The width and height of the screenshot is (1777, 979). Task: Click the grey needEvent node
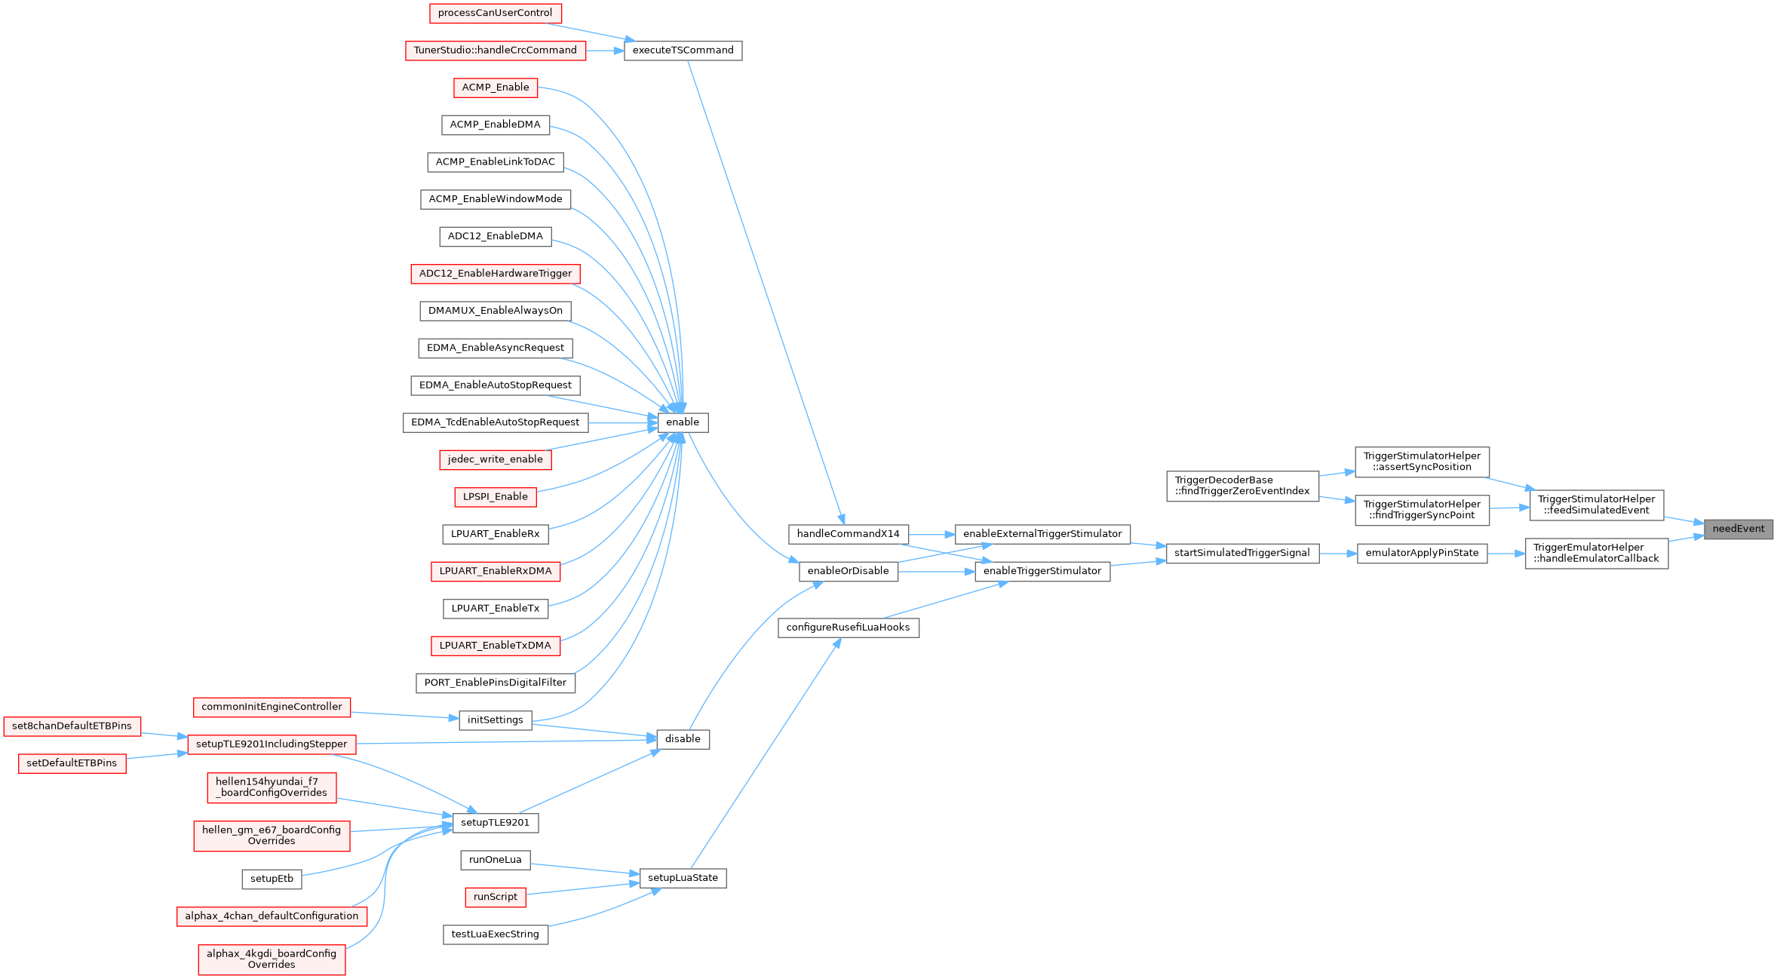click(x=1738, y=529)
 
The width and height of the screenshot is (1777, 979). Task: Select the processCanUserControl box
click(x=495, y=13)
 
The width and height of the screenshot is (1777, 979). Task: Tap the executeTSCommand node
click(x=683, y=51)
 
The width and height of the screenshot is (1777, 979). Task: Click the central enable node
click(x=683, y=422)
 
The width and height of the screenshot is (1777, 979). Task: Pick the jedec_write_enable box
click(x=495, y=459)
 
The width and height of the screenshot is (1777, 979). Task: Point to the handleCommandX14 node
click(x=848, y=534)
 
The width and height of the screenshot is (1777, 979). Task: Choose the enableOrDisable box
click(x=848, y=571)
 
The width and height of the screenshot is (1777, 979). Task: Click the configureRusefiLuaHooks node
click(x=848, y=628)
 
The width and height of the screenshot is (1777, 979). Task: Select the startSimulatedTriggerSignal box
click(x=1241, y=553)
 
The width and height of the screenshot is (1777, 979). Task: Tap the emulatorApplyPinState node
click(x=1422, y=553)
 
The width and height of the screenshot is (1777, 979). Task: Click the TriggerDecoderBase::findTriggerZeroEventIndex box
click(x=1241, y=486)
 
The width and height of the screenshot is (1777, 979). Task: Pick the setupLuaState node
click(x=683, y=878)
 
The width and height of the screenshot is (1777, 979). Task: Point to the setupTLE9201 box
click(x=495, y=822)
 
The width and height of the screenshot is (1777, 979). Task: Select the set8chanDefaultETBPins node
click(x=72, y=726)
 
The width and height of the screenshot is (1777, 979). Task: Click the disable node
click(x=683, y=739)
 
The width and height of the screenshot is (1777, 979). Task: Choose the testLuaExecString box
click(x=495, y=934)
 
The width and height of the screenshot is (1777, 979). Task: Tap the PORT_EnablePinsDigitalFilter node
click(x=495, y=683)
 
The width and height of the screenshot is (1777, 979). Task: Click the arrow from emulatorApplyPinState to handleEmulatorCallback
click(x=1506, y=554)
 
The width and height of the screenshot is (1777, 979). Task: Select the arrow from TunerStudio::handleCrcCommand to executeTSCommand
click(x=605, y=51)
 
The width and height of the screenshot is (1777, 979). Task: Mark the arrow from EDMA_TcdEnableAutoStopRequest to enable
click(x=623, y=422)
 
